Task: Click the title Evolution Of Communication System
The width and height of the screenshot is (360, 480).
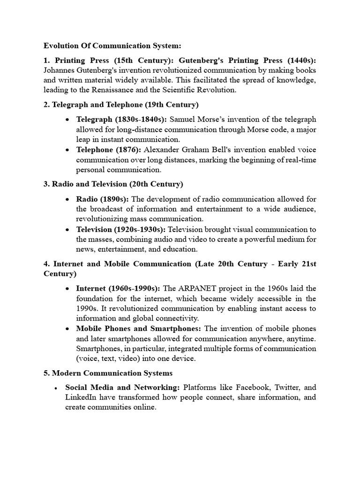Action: (112, 46)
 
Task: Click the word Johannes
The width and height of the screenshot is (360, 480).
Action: (60, 70)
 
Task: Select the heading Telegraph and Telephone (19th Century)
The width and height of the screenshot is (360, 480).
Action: (121, 105)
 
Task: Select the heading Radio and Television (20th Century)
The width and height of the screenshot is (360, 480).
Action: (113, 184)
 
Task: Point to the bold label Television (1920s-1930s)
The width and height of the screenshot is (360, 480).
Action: (120, 229)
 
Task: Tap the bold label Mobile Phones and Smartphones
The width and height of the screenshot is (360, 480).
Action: (139, 329)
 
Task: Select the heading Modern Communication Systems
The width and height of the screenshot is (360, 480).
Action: (108, 374)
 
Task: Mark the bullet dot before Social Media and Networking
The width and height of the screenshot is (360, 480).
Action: (56, 389)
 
